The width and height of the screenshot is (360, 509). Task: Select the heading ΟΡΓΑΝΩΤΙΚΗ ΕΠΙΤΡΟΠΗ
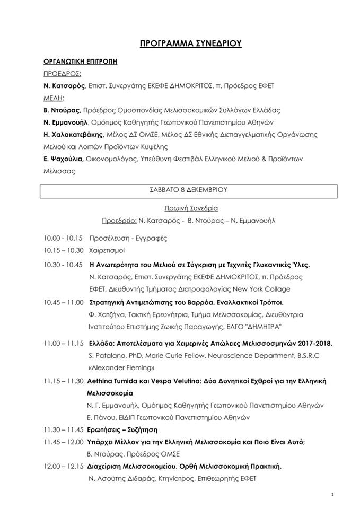(80, 62)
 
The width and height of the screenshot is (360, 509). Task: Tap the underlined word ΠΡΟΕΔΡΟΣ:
(61, 74)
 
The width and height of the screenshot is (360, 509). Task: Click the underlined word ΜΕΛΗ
(54, 98)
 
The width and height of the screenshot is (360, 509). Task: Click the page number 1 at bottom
(331, 495)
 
